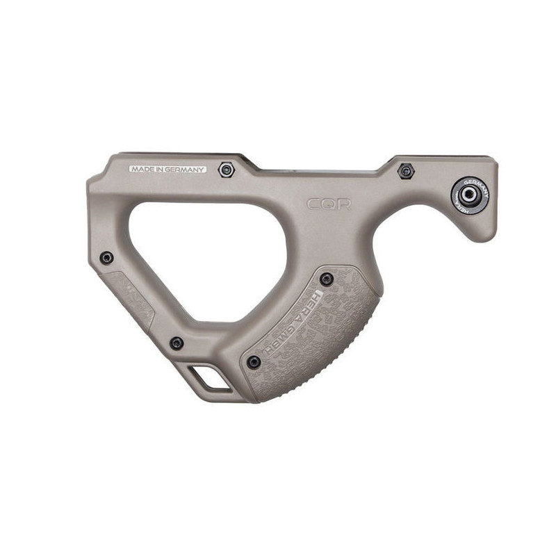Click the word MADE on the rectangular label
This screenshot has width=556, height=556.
tap(142, 169)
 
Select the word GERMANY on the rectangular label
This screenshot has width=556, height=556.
tap(186, 169)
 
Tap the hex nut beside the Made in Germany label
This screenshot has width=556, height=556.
tap(225, 170)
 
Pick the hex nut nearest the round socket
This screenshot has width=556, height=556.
tap(405, 170)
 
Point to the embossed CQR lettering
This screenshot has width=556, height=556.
tap(329, 204)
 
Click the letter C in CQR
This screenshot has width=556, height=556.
tap(315, 204)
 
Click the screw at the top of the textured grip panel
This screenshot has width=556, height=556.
tap(326, 279)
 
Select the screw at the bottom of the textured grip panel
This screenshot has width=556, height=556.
tap(254, 361)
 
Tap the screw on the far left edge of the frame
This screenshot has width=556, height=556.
tap(106, 258)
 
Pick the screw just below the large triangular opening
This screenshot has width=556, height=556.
tap(177, 343)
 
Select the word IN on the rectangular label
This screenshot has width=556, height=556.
tap(161, 169)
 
